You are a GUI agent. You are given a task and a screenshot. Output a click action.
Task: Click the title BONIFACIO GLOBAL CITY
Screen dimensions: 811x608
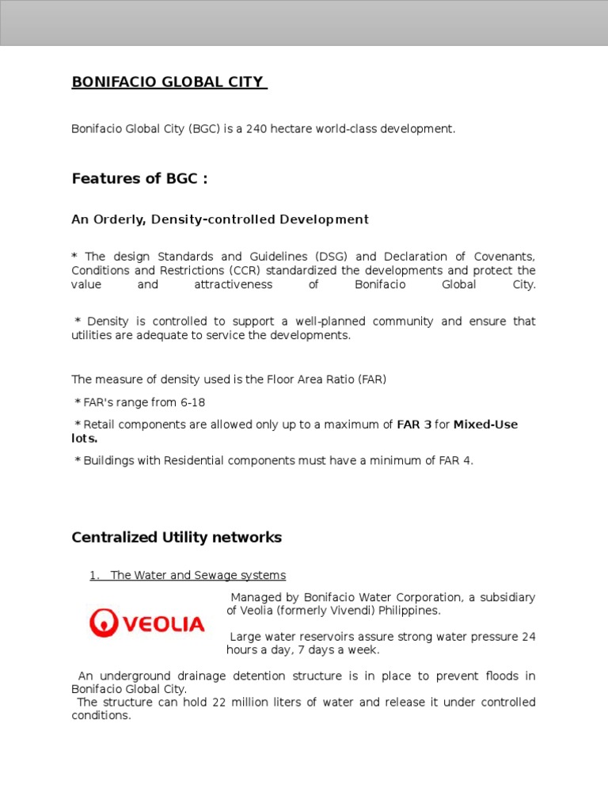tap(168, 82)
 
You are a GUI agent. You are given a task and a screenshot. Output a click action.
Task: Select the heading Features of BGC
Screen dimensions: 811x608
tap(139, 178)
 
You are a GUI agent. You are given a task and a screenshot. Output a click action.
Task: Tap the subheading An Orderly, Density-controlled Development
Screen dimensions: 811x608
tap(220, 219)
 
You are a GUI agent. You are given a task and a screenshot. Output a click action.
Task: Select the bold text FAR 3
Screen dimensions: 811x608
tap(413, 425)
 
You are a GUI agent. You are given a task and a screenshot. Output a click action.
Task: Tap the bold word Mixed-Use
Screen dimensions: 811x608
tap(485, 425)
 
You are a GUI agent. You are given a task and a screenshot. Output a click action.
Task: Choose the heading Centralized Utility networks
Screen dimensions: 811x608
tap(177, 538)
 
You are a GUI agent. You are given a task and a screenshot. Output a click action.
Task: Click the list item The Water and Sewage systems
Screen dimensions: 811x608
tap(198, 576)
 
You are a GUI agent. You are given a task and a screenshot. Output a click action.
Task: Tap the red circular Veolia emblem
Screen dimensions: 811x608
tap(102, 623)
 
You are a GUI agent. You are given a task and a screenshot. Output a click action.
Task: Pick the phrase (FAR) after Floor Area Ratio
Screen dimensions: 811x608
tap(372, 380)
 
